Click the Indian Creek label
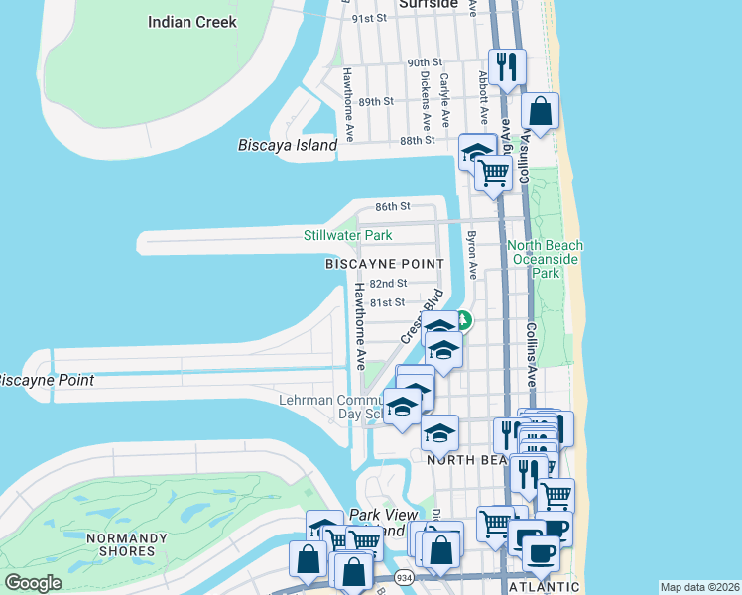pos(191,21)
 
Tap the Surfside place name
pos(428,4)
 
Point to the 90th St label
pos(425,62)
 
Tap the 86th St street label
pos(393,206)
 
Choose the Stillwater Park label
pos(347,235)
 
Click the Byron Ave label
pos(472,255)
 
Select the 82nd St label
pos(388,284)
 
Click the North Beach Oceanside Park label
pos(546,258)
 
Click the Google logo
pos(33,583)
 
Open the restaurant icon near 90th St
pos(507,67)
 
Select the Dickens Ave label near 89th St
pos(425,100)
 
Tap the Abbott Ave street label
pos(483,88)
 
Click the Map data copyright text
pos(699,587)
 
